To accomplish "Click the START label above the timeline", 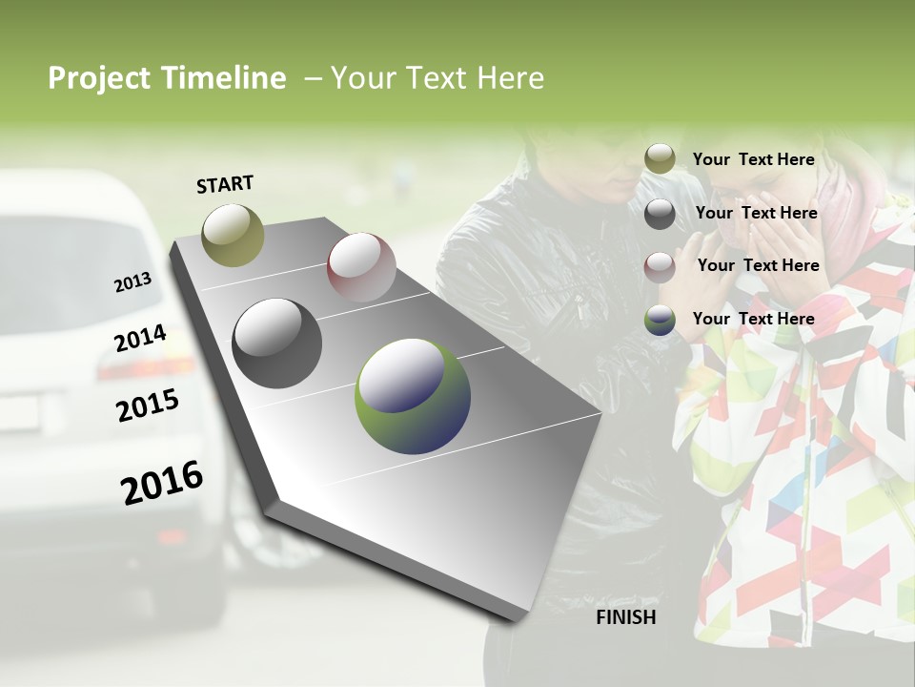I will point(225,183).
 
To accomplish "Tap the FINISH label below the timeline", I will point(625,617).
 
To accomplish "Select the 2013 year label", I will point(132,282).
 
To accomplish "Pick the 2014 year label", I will point(140,339).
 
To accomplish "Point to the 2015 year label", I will point(148,406).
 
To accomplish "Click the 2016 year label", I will point(162,482).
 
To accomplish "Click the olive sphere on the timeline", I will point(233,235).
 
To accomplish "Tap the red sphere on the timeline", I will point(361,267).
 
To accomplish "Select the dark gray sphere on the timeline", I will point(276,343).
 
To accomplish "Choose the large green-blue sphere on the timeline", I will point(413,395).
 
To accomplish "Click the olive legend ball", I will point(660,159).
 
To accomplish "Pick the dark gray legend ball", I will point(660,214).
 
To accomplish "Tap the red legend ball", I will point(660,266).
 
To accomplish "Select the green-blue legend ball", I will point(660,320).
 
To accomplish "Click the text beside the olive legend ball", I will point(753,159).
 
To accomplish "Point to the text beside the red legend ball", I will point(758,265).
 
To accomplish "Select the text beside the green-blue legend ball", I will point(753,319).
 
